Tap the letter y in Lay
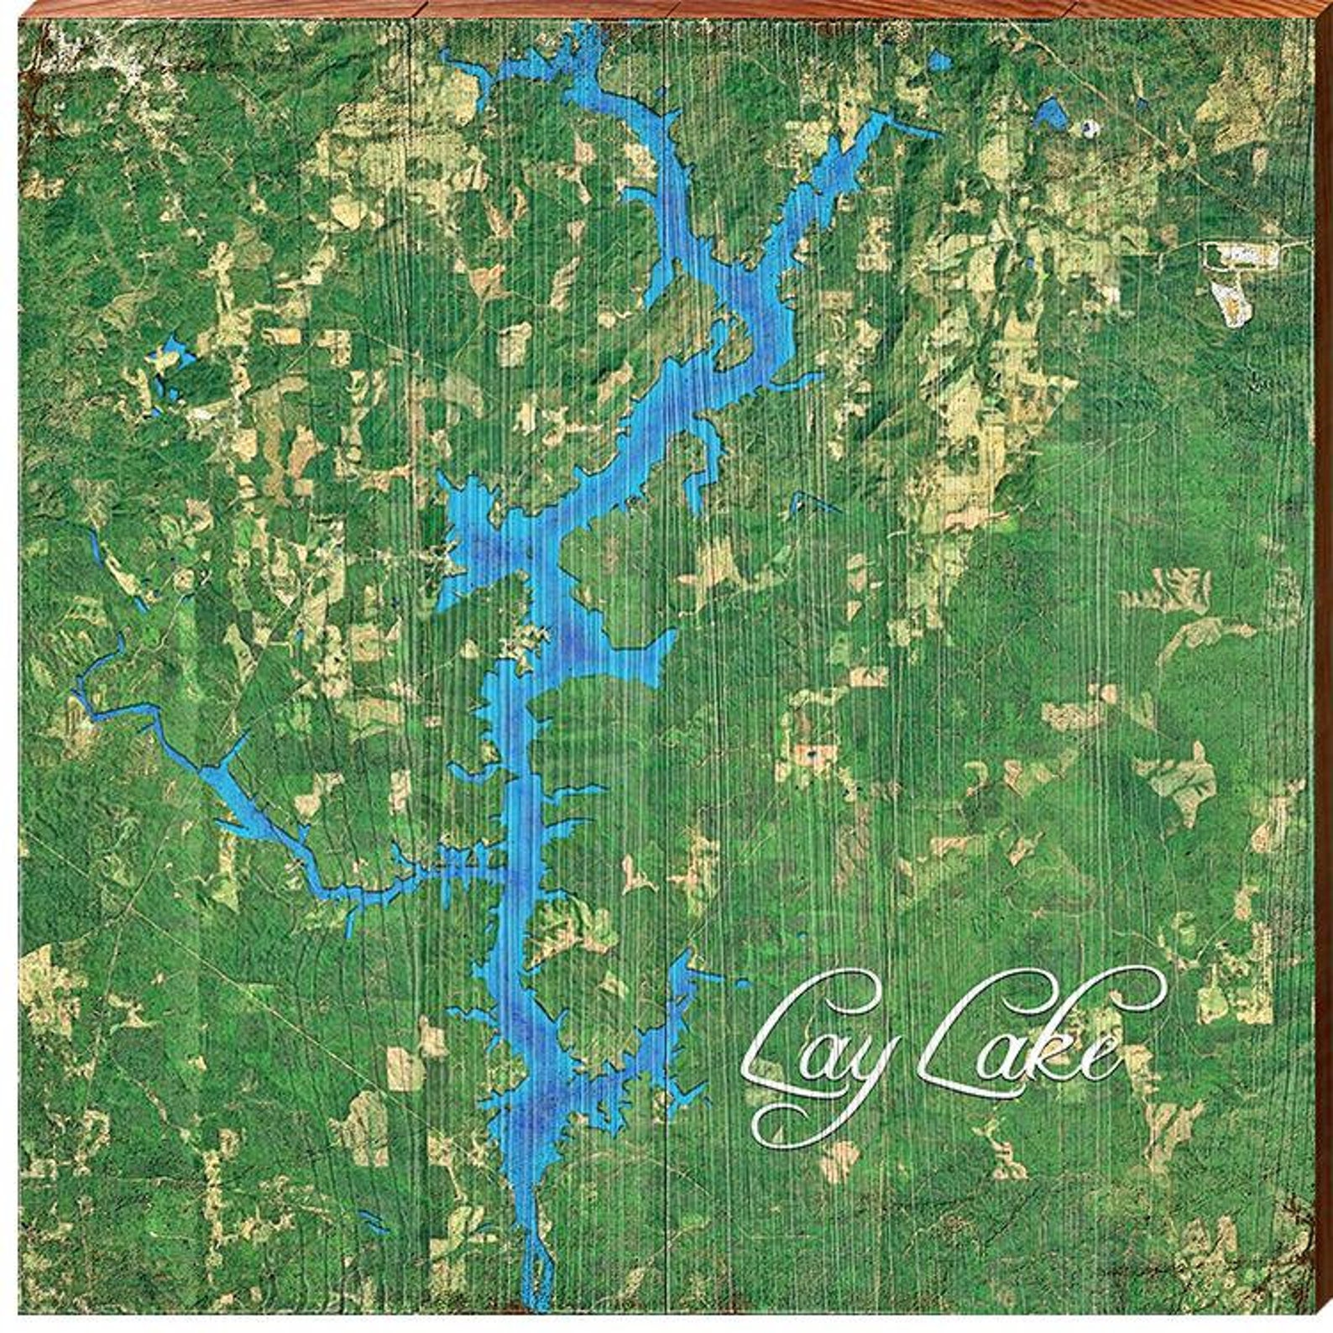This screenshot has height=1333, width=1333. pyautogui.click(x=865, y=1083)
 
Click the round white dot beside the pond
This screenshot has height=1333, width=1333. pyautogui.click(x=1090, y=128)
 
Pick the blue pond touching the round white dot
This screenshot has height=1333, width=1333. pyautogui.click(x=1053, y=112)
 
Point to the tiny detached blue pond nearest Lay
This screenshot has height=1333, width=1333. pyautogui.click(x=802, y=936)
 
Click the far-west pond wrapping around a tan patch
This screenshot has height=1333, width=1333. pyautogui.click(x=164, y=369)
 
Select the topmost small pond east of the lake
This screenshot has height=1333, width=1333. pyautogui.click(x=937, y=61)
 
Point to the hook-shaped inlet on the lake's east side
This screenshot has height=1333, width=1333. pyautogui.click(x=705, y=453)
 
